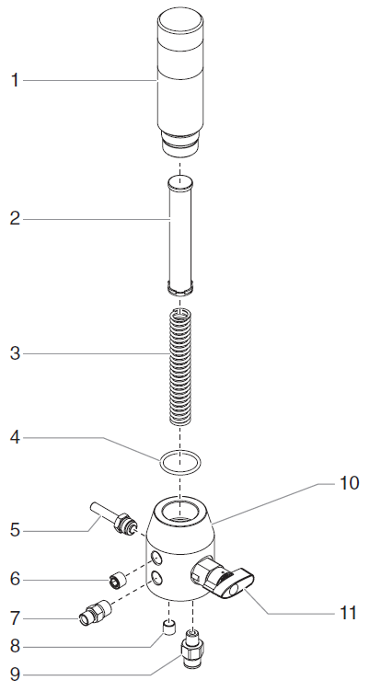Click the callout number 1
pos(14,80)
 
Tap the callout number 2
pos(14,219)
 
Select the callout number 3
pos(14,354)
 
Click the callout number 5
pos(14,530)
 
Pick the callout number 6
pos(14,580)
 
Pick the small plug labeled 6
pos(117,580)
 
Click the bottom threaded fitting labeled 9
pos(193,649)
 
